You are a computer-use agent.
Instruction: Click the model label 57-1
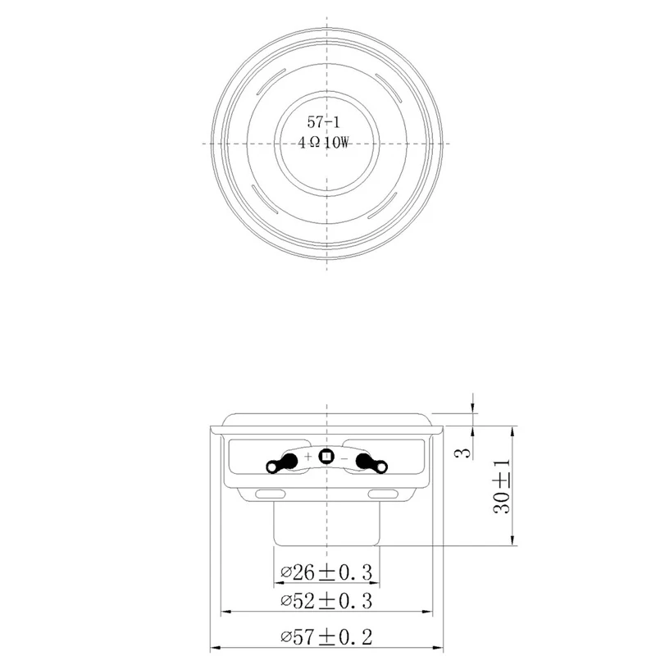(324, 122)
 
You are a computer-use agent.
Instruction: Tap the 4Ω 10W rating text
(323, 143)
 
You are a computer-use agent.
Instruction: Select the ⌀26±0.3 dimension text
(326, 572)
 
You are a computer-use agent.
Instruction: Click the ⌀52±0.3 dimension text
(326, 601)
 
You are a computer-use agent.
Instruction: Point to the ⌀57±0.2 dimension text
(326, 638)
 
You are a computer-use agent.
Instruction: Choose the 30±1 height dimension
(503, 486)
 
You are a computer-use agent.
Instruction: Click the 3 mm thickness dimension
(463, 453)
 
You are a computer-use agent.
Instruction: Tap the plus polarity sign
(308, 457)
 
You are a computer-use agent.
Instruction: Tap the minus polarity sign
(344, 459)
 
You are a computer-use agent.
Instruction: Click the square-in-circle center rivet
(326, 456)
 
